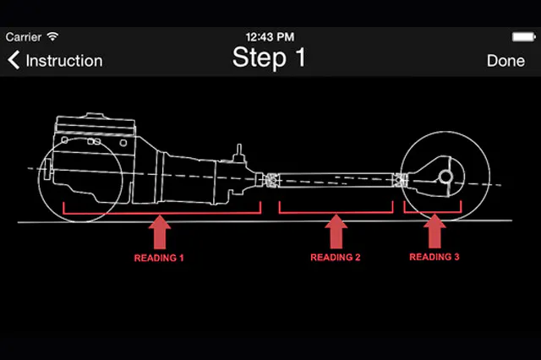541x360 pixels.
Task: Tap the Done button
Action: (505, 60)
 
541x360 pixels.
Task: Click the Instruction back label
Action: (64, 61)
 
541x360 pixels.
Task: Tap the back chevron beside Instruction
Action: (14, 60)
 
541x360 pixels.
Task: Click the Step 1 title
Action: (269, 57)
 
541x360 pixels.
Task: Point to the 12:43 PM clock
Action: (269, 37)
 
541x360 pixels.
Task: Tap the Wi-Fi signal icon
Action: (52, 37)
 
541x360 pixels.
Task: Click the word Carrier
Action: (24, 37)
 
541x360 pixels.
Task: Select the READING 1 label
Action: (159, 256)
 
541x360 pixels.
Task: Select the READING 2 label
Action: (336, 256)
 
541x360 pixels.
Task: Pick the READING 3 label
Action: (434, 256)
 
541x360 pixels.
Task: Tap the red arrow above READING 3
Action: (434, 231)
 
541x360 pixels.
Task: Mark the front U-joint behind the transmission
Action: (270, 180)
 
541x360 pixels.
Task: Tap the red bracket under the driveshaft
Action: (336, 211)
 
